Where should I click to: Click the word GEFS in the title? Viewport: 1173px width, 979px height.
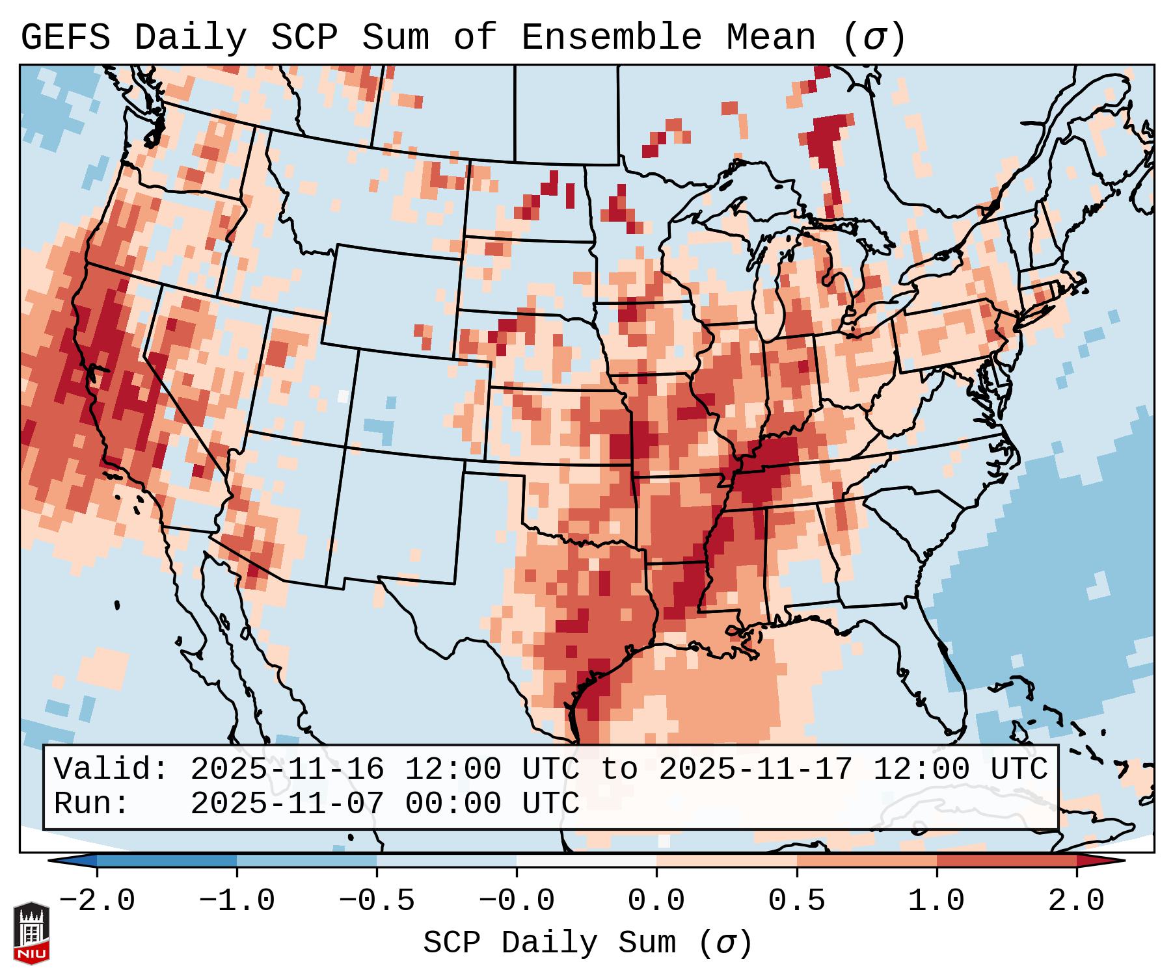click(66, 37)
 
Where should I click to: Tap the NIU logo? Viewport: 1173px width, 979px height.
click(31, 932)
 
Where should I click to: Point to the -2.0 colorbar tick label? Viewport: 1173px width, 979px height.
click(97, 901)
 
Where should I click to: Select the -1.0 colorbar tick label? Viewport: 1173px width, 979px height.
click(237, 901)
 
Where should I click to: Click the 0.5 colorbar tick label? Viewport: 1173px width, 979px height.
click(796, 901)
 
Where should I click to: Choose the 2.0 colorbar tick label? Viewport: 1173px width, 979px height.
click(1076, 901)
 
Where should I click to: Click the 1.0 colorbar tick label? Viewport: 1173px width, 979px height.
click(936, 901)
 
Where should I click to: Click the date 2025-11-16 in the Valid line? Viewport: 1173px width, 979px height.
click(287, 770)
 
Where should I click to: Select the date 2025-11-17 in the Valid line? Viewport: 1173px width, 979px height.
click(755, 770)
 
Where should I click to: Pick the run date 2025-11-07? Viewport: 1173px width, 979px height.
click(287, 803)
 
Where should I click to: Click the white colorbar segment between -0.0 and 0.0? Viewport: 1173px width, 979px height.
click(586, 861)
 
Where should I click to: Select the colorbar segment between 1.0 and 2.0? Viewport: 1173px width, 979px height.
click(1006, 861)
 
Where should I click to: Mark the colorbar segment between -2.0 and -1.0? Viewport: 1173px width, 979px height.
click(167, 861)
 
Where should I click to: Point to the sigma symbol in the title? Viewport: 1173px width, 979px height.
click(874, 38)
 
